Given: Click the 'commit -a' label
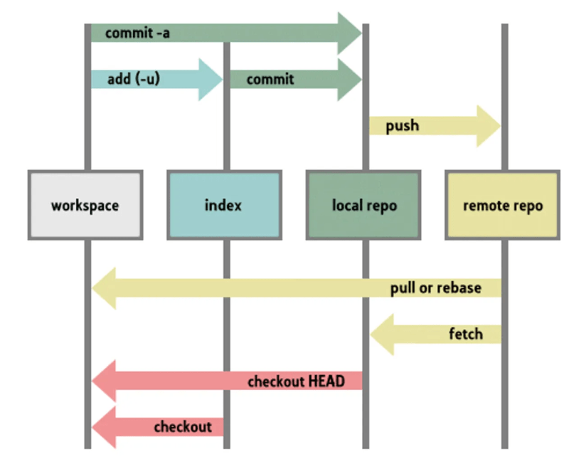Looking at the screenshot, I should coord(137,33).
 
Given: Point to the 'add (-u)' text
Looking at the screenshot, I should coord(133,79).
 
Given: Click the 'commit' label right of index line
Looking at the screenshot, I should coord(270,79).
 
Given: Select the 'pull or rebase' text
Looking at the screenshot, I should coord(435,288).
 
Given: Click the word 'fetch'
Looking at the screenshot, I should coord(466,334).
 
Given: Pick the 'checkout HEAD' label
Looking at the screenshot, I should coord(296,381).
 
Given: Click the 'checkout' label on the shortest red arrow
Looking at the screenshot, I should coord(183,427).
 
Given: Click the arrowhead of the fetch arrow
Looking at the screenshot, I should coord(383,334).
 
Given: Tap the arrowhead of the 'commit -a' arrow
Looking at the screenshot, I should coord(351,33).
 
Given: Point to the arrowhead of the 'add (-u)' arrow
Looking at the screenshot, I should coord(212,79).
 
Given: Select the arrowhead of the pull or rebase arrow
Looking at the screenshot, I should coord(104,288).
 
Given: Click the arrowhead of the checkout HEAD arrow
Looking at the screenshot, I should coord(104,381).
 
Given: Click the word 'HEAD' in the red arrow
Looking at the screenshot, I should coord(326,381).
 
